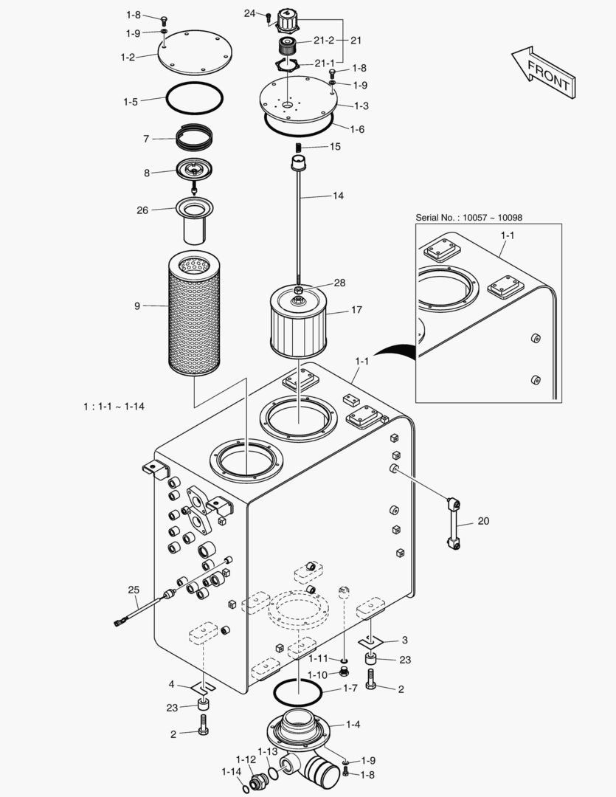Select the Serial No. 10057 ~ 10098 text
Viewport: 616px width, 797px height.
(x=468, y=217)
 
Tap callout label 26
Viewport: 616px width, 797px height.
(x=142, y=210)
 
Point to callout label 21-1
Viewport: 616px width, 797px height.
(x=324, y=63)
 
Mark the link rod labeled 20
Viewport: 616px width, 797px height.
(x=454, y=523)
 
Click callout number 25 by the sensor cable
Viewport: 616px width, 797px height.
(x=134, y=590)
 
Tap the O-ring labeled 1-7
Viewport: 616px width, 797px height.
(x=298, y=693)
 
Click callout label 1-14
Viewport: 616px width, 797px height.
(x=231, y=771)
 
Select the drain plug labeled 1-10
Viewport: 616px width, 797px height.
(x=344, y=672)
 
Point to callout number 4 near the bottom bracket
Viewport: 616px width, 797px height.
(x=172, y=683)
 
